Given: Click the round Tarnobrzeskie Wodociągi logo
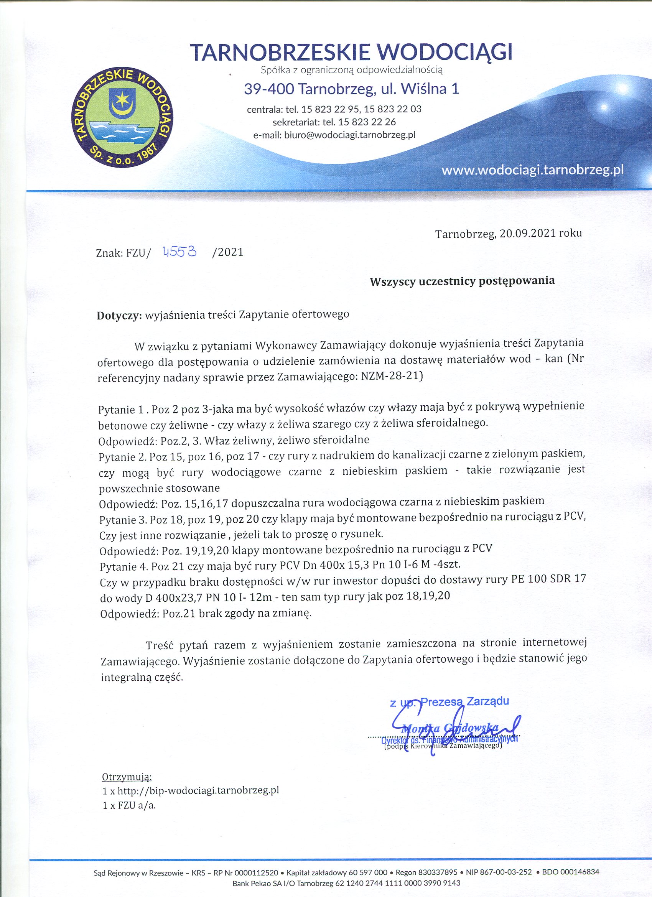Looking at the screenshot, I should pos(123,118).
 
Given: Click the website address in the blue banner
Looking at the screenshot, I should pos(532,170).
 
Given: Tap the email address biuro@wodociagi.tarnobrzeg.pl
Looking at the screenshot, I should pos(349,135).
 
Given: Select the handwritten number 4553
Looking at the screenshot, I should pos(180,251).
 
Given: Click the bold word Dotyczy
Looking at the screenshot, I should pos(119,315).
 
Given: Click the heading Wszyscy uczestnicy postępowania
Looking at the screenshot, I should pos(462,281).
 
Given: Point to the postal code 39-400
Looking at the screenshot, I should pos(268,89).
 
